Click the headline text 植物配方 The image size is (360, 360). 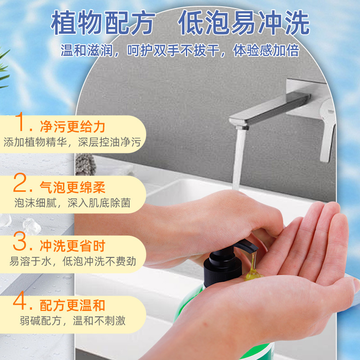pos(103,23)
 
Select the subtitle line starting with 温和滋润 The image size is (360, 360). pos(180,50)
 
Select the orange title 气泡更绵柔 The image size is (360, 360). pos(72,186)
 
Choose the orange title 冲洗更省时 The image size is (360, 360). pos(72,246)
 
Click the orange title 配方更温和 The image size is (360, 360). pos(72,305)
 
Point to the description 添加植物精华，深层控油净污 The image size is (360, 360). pos(72,143)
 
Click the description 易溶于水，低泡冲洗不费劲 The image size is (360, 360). pos(72,261)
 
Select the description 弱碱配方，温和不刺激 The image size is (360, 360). pos(72,321)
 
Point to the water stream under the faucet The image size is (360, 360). pos(238,157)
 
